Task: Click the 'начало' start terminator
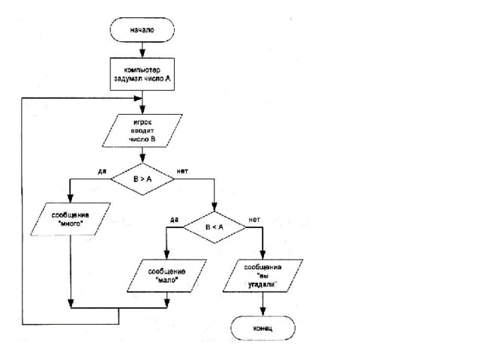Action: click(142, 30)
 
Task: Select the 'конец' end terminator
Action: click(262, 328)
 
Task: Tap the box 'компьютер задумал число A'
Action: click(142, 74)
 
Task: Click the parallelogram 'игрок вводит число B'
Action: click(142, 130)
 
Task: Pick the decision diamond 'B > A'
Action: click(142, 179)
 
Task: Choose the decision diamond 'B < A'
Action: click(214, 227)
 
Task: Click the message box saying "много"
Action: click(70, 219)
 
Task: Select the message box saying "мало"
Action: click(166, 276)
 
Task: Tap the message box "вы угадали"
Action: click(262, 276)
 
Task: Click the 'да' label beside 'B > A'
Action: click(102, 171)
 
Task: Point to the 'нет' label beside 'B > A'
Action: click(182, 171)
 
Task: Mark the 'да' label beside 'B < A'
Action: click(174, 220)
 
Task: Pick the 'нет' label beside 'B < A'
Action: click(254, 220)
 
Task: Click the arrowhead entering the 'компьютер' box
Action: click(142, 54)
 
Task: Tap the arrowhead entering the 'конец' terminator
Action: click(262, 312)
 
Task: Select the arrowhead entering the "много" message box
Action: click(70, 198)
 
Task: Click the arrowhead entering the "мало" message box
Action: click(166, 255)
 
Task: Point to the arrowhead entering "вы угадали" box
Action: click(262, 255)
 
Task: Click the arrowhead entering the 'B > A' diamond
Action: click(142, 158)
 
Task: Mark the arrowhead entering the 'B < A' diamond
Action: click(214, 207)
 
